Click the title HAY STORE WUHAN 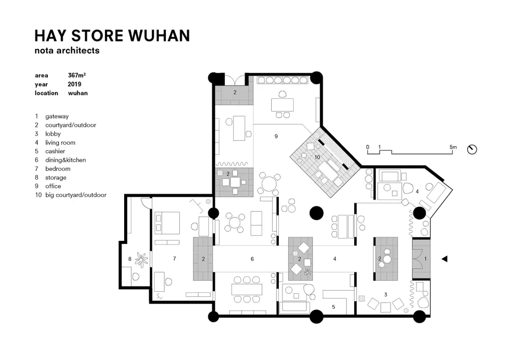point(112,36)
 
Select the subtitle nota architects point(67,50)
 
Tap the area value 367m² point(77,75)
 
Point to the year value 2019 point(74,84)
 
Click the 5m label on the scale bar point(453,147)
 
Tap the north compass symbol point(472,149)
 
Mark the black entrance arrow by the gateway point(445,259)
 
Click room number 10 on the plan point(317,157)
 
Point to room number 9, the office point(276,136)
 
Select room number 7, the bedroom point(175,259)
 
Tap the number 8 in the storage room point(130,259)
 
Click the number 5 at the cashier point(333,307)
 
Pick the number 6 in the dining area point(252,259)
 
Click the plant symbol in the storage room point(141,259)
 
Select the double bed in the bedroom point(167,223)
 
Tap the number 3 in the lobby point(386,295)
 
